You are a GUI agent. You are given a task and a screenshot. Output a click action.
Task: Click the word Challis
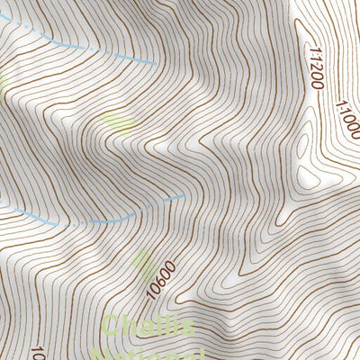(x=149, y=325)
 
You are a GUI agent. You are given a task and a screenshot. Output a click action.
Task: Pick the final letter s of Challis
(x=186, y=325)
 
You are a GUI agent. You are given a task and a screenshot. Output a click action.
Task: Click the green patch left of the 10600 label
(x=144, y=263)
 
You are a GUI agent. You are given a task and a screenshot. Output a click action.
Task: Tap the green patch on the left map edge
(x=3, y=85)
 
